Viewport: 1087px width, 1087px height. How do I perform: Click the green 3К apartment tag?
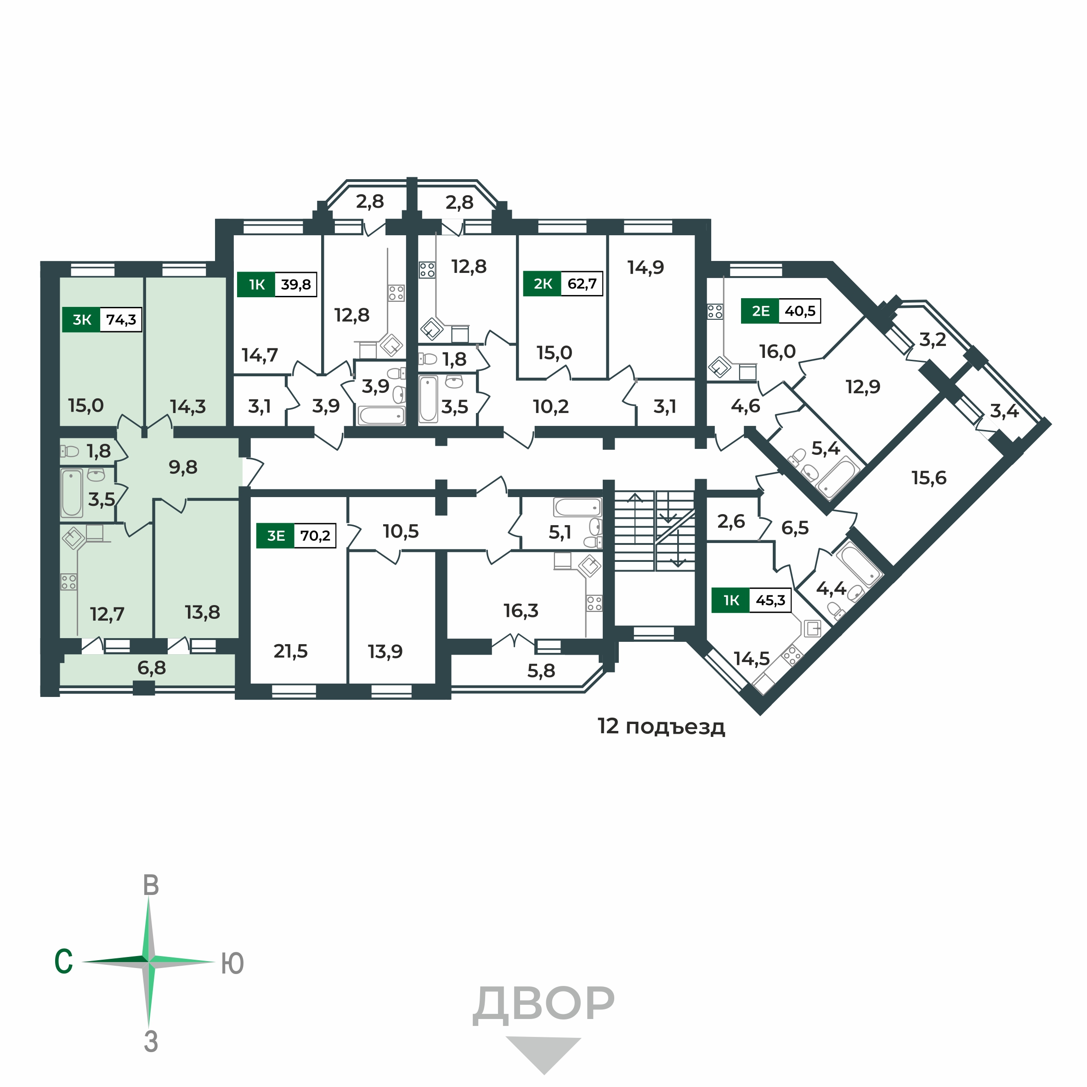tap(82, 320)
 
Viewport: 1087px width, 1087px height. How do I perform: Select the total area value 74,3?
tap(121, 320)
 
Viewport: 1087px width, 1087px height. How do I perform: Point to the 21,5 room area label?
tap(290, 651)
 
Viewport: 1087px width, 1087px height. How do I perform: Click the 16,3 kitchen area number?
tap(521, 611)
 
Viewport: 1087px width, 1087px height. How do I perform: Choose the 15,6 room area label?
tap(929, 478)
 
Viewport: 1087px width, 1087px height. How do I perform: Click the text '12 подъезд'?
tap(661, 727)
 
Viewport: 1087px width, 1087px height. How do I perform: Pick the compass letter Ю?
tap(232, 964)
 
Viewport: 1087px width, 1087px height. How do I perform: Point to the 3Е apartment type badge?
tap(276, 536)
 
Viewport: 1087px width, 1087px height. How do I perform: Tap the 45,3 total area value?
tap(770, 600)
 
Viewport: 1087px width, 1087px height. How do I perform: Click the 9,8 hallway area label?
tap(183, 467)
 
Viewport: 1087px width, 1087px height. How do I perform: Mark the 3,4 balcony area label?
tap(1004, 411)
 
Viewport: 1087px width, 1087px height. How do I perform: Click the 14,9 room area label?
tap(646, 267)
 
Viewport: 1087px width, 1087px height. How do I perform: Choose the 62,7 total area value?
tap(582, 283)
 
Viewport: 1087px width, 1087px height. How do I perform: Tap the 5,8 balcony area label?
tap(541, 671)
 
